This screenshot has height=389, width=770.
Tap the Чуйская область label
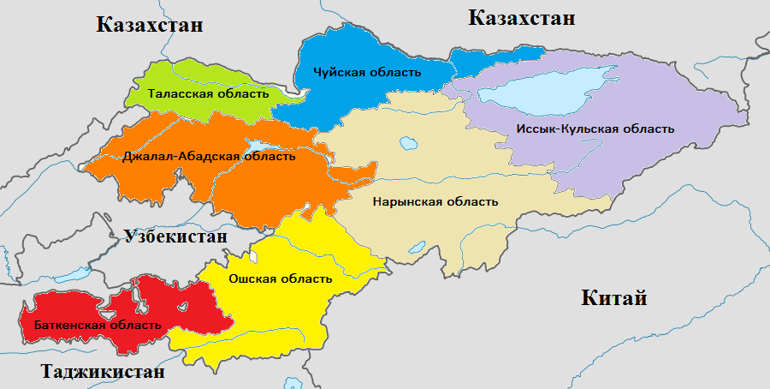point(367,72)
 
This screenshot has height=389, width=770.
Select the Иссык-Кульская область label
point(595,129)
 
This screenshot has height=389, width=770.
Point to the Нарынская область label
point(435,201)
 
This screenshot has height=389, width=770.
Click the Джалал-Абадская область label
point(209,156)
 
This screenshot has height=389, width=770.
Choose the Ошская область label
point(281,278)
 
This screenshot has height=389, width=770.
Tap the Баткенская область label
point(97,325)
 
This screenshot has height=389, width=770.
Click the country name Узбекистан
point(175,236)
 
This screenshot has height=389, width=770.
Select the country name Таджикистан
point(102,373)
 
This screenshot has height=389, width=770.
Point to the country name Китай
point(613,298)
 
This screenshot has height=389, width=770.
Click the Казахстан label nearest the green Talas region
point(150,25)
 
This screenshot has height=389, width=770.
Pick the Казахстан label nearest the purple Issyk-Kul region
point(521,18)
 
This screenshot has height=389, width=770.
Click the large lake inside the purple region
point(556,86)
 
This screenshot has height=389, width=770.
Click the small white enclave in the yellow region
point(253,256)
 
